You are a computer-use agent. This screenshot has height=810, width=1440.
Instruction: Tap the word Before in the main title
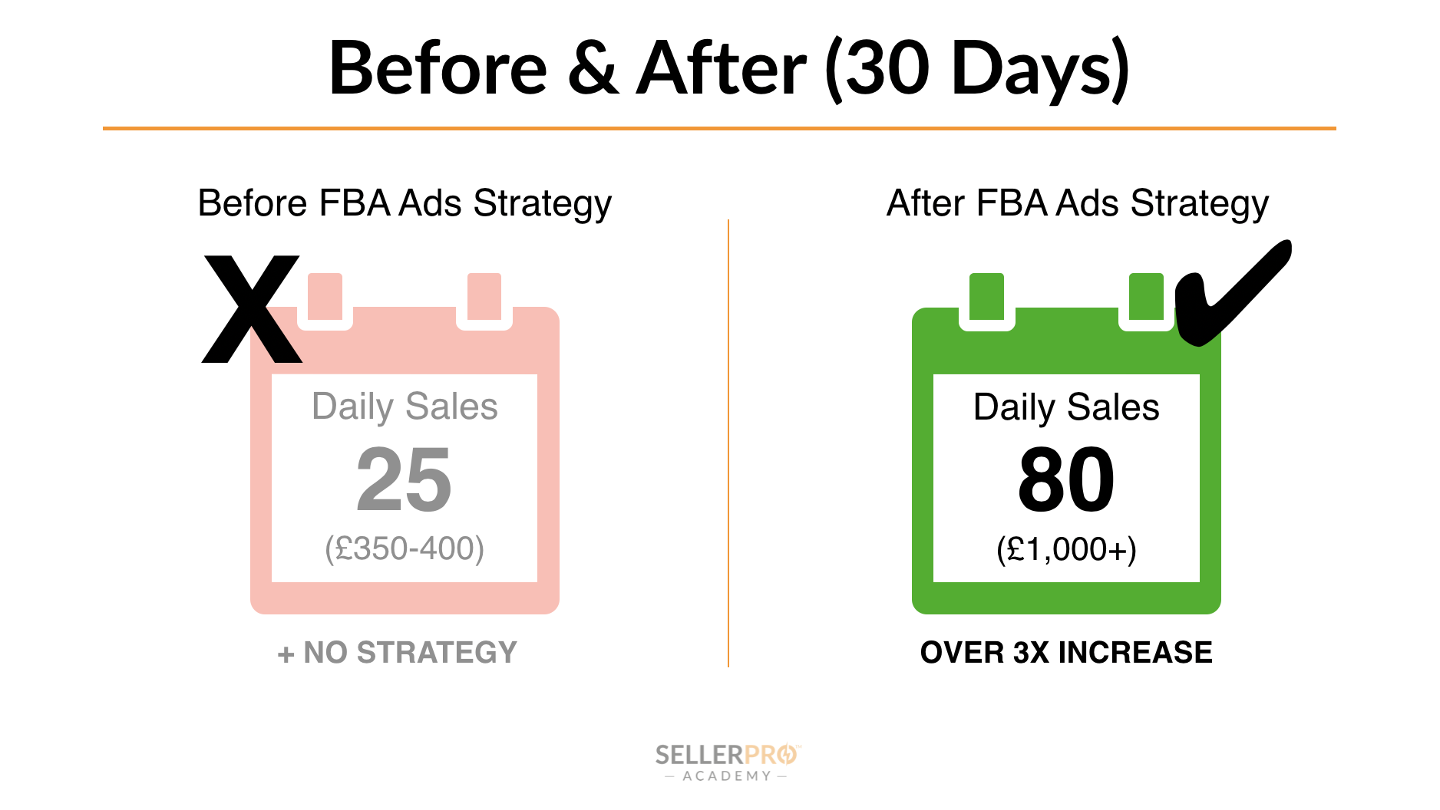click(x=438, y=69)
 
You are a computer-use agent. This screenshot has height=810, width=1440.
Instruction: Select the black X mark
click(x=252, y=309)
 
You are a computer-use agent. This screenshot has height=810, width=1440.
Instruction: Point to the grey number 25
click(x=405, y=480)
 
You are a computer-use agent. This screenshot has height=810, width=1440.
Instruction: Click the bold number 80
click(x=1066, y=480)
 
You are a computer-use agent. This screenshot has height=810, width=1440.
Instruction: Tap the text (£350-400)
click(x=405, y=548)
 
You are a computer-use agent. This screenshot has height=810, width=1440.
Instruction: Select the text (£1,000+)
click(x=1066, y=549)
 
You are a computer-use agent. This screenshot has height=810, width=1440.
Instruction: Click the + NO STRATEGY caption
click(x=398, y=653)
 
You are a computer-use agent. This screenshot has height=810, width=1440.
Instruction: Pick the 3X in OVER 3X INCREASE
click(x=1031, y=653)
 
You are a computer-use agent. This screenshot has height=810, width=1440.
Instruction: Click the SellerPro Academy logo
click(x=727, y=762)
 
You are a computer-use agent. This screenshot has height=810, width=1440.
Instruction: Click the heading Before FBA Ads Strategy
click(x=405, y=204)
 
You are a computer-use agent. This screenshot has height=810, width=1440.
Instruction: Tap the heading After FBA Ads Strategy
click(x=1078, y=204)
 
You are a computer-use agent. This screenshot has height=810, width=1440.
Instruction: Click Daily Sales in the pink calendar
click(x=405, y=407)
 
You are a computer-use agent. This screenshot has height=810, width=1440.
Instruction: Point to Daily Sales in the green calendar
click(x=1066, y=407)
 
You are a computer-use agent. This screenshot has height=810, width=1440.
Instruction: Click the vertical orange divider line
click(x=728, y=443)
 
